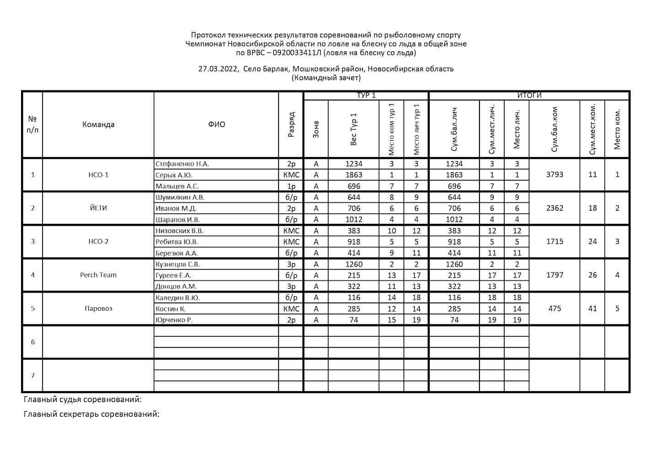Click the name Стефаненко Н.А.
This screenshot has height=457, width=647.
click(x=182, y=164)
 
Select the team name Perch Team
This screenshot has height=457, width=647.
click(x=98, y=275)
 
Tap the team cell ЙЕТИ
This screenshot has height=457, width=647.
click(x=98, y=208)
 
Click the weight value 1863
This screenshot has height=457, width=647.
click(x=354, y=175)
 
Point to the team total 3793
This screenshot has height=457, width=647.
click(x=555, y=175)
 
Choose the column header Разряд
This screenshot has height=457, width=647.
click(x=291, y=124)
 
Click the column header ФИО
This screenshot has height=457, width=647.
click(x=216, y=124)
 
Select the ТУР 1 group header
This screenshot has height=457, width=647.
click(x=366, y=96)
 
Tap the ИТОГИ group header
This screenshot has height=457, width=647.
click(x=529, y=96)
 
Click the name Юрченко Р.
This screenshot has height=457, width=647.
click(x=174, y=320)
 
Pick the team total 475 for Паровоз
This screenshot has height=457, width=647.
click(x=555, y=308)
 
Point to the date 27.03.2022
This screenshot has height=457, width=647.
click(x=218, y=69)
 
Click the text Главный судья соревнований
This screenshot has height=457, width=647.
click(x=82, y=399)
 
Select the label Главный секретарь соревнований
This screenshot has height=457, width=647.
click(x=92, y=414)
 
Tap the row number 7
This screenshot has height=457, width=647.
click(x=32, y=376)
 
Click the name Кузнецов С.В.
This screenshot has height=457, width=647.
click(x=178, y=264)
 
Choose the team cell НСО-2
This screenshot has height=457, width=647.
click(x=98, y=242)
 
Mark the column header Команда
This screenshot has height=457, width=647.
click(x=98, y=124)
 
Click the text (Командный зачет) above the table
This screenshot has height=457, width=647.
click(x=326, y=78)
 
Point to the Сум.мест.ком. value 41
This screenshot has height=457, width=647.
click(x=593, y=308)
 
